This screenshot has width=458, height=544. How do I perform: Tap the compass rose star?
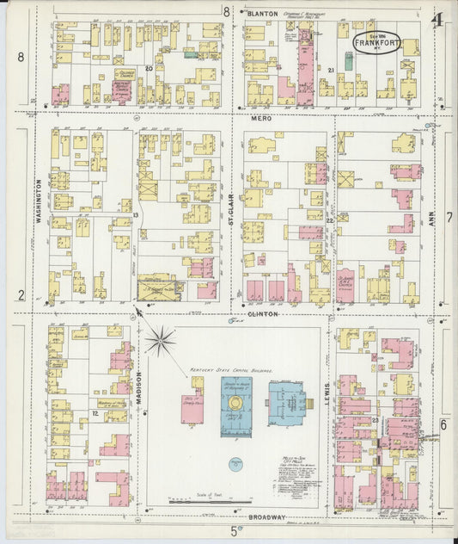(160, 341)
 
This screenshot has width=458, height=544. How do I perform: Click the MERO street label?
(261, 117)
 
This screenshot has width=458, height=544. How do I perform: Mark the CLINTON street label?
(264, 314)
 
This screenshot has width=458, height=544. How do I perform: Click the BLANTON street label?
(262, 14)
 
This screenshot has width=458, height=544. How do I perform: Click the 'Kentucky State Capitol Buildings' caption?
(231, 371)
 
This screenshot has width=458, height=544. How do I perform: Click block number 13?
(135, 213)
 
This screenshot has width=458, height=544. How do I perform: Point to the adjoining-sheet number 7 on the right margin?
(447, 136)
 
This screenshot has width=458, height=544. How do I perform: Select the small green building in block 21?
(349, 60)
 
